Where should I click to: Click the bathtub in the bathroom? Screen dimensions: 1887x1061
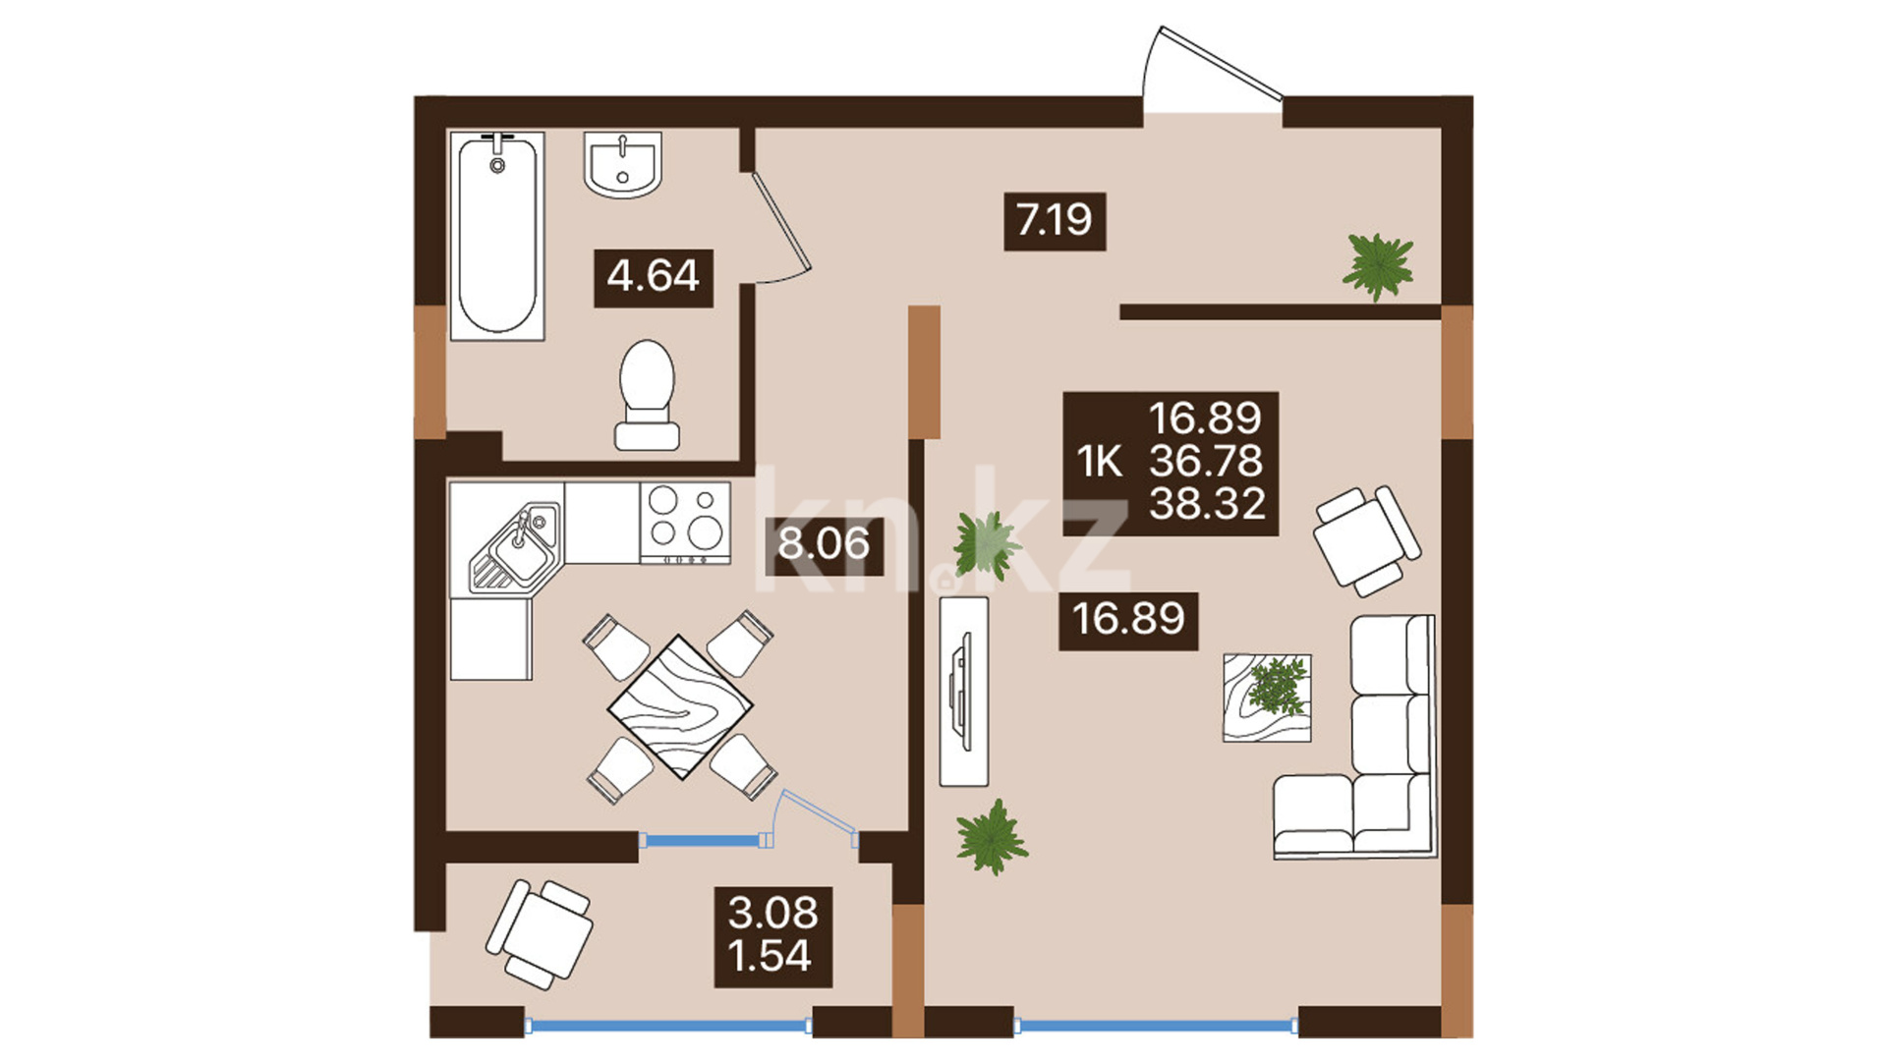click(x=497, y=237)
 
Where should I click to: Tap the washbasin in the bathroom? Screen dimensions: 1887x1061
click(x=622, y=164)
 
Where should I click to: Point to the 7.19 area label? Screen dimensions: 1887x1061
click(x=1055, y=220)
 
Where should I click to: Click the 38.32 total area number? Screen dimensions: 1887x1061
click(x=1208, y=504)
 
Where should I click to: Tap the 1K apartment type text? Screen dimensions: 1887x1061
click(x=1100, y=462)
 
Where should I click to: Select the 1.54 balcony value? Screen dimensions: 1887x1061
click(x=771, y=956)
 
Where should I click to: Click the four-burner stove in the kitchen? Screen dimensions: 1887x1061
click(x=685, y=522)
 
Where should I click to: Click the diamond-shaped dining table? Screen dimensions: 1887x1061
click(x=680, y=706)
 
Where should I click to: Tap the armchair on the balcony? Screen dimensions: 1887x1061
click(x=540, y=933)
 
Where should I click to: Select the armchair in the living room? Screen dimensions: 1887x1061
click(x=1367, y=539)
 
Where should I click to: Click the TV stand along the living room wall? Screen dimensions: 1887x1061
click(x=964, y=692)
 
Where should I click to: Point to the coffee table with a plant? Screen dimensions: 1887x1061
click(x=1267, y=698)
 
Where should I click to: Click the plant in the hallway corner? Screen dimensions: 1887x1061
click(x=1379, y=265)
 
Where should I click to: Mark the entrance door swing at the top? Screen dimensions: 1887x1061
click(x=1214, y=66)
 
